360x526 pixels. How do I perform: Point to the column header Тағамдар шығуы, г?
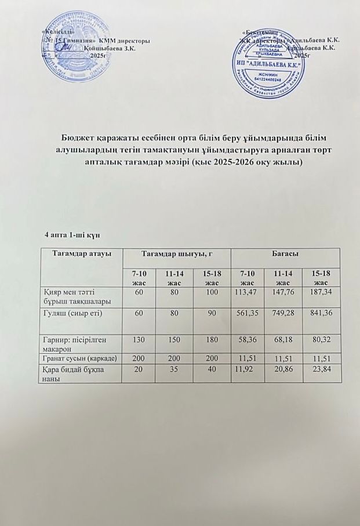[176, 254]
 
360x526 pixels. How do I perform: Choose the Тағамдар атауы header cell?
[82, 254]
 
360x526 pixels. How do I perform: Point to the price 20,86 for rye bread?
[285, 369]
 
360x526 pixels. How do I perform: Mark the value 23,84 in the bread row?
[323, 369]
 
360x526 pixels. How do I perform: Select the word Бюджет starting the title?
[79, 137]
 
